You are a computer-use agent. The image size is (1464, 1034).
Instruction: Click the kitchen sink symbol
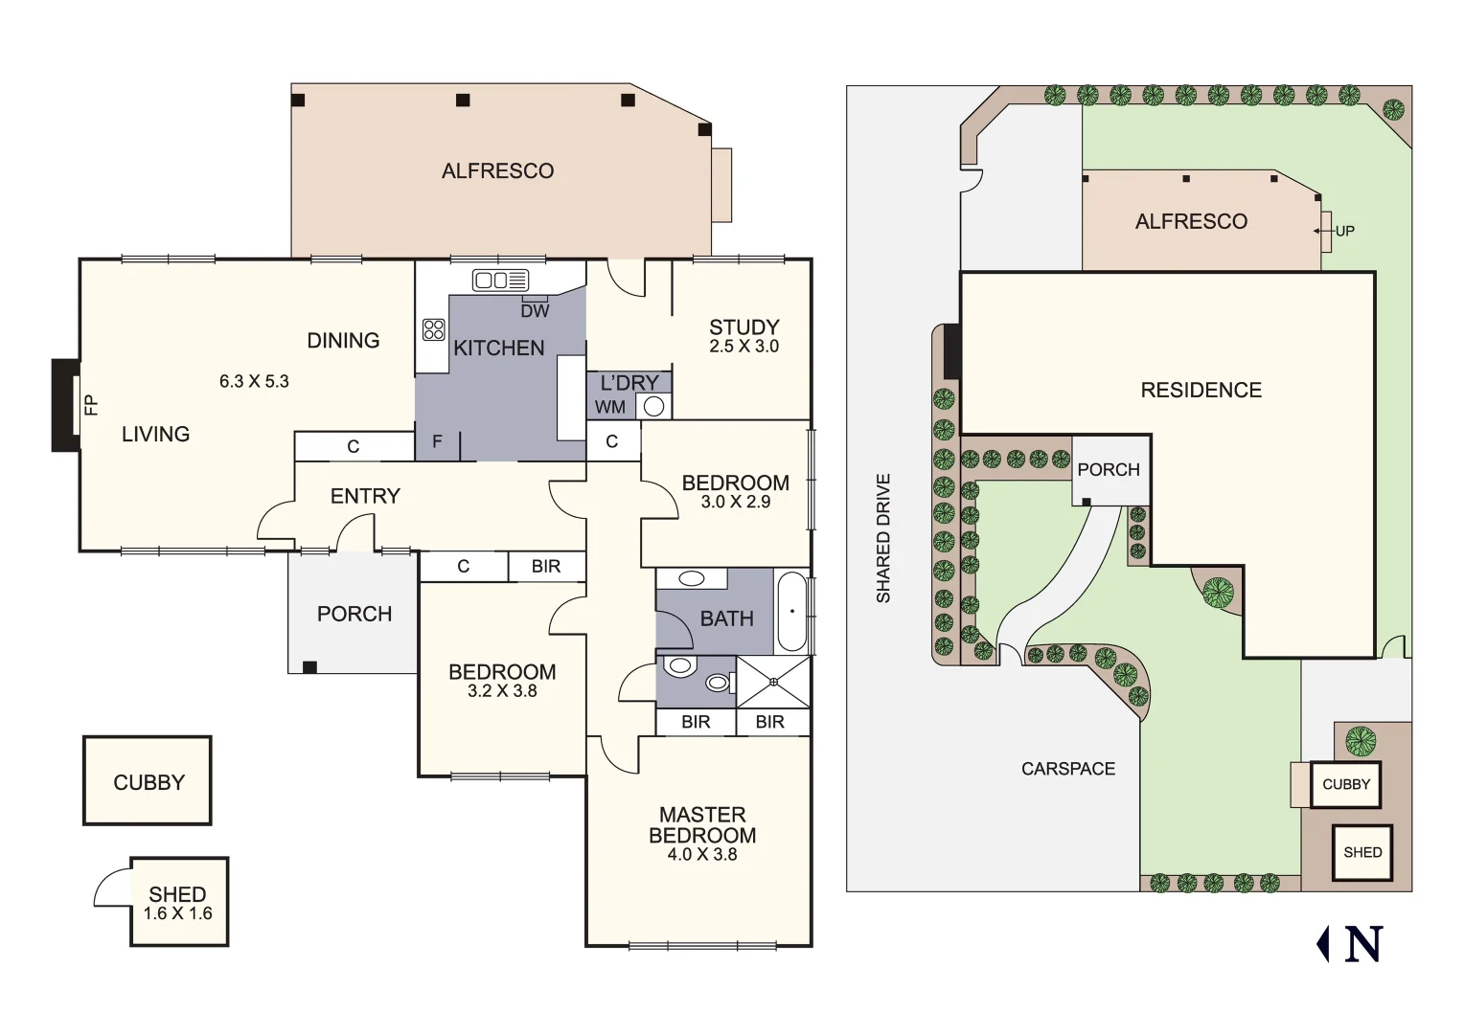pos(500,281)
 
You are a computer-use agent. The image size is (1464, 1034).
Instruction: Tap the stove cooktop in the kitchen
pos(433,330)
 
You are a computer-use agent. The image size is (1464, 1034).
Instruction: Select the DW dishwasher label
pos(535,311)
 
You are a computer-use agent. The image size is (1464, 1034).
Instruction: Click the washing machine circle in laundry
pos(653,406)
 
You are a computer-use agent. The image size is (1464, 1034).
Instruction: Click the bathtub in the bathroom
pos(792,611)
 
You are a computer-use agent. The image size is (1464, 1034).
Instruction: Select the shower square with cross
pos(773,682)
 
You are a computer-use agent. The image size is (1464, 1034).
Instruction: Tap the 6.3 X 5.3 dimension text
pos(254,381)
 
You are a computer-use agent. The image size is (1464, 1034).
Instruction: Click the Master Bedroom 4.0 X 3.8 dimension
pos(701,855)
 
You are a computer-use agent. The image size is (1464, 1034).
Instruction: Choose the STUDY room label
pos(743,327)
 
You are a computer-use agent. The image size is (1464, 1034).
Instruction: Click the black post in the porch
pos(309,666)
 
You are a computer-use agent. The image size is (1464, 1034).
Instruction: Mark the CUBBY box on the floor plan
pos(148,781)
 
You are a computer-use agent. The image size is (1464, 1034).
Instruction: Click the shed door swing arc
pos(110,886)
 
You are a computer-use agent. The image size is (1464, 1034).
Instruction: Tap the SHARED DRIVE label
pos(883,538)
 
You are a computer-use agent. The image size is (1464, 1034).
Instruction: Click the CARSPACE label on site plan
pos(1067,769)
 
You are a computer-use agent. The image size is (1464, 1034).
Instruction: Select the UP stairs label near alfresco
pos(1344,231)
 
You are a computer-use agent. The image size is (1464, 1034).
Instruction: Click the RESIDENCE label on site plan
pos(1201,391)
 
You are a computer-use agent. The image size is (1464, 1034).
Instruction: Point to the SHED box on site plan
pos(1361,852)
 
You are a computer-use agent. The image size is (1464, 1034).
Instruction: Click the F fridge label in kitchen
pos(437,442)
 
